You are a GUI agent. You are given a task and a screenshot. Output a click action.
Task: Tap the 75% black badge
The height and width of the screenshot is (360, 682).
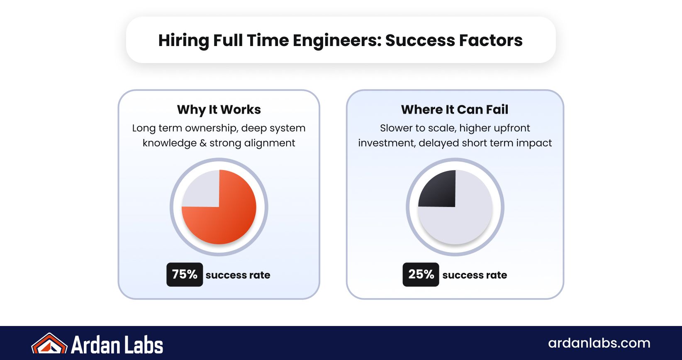(185, 275)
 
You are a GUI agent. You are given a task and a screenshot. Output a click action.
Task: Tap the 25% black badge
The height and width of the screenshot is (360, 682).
(421, 275)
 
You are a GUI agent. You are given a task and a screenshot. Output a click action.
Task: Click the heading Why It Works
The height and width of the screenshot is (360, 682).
(219, 109)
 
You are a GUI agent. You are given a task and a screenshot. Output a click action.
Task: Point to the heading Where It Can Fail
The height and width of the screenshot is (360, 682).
(455, 109)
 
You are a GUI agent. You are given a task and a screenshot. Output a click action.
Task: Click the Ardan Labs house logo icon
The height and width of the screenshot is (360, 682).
(49, 344)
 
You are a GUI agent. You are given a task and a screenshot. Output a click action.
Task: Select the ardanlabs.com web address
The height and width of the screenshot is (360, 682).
(599, 343)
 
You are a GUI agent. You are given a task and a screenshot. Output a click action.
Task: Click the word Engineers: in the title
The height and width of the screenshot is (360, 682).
(337, 41)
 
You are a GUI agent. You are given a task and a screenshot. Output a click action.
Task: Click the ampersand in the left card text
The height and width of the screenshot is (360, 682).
(203, 143)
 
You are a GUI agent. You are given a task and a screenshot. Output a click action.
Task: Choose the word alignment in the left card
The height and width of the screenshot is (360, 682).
(270, 143)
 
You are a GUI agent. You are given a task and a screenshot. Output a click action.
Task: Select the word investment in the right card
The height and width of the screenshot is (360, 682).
(386, 143)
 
